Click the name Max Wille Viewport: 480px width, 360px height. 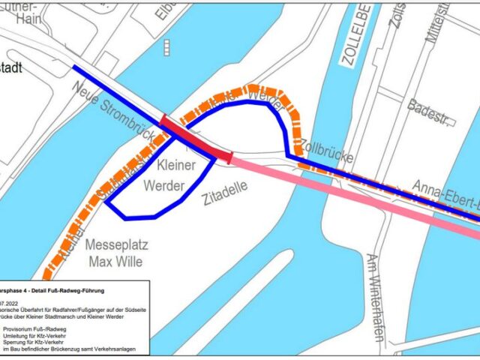(117, 262)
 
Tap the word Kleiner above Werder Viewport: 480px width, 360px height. (176, 163)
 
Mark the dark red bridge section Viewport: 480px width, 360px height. (195, 139)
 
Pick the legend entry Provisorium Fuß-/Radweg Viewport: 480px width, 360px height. (37, 328)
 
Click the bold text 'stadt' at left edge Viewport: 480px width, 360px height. (10, 67)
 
